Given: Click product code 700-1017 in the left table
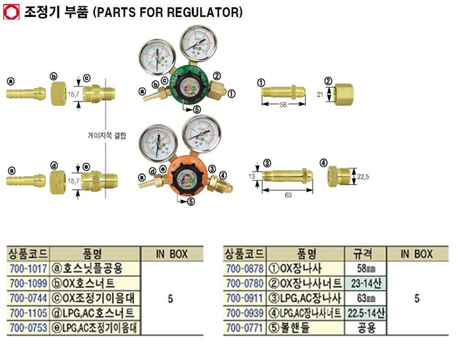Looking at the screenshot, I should (27, 268).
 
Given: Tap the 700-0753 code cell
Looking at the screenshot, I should (27, 327).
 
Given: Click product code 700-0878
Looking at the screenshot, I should (243, 268).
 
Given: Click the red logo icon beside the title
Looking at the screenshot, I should (10, 12).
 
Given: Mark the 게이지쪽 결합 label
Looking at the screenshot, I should (108, 135).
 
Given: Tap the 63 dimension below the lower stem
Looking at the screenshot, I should (288, 194).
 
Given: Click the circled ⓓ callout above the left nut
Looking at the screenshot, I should (54, 166).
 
